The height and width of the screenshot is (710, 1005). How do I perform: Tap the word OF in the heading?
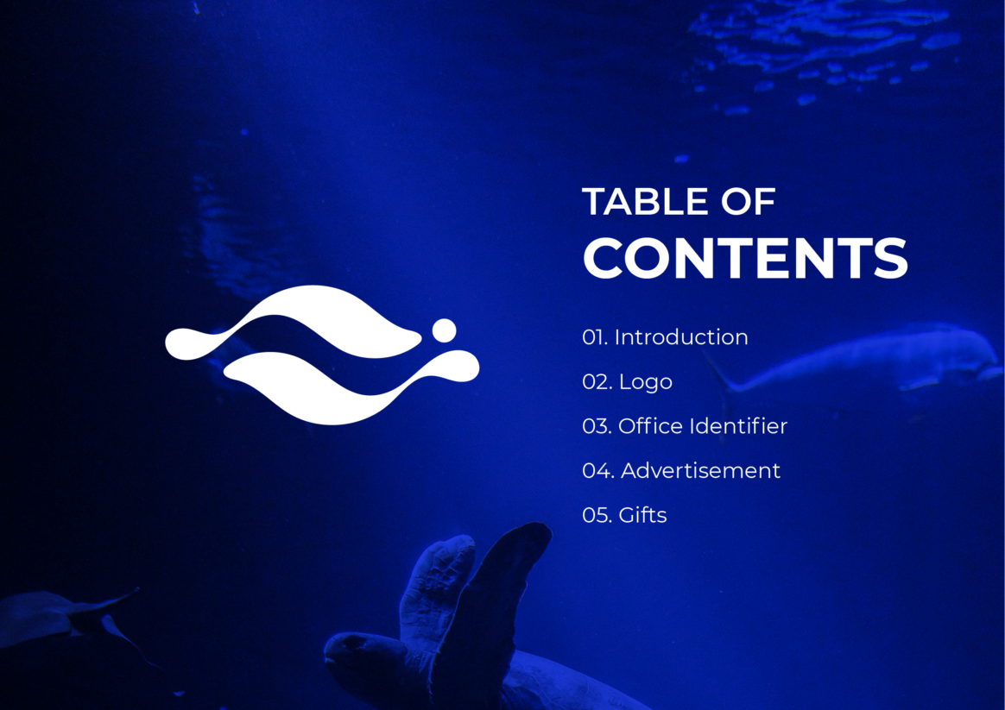(749, 202)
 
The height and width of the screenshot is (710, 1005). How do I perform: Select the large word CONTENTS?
(745, 257)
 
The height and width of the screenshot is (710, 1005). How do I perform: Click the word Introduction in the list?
(681, 336)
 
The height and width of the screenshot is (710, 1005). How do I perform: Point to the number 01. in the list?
(595, 337)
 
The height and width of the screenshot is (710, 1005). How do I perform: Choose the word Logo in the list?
(646, 382)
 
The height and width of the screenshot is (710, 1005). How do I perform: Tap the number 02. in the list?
(597, 382)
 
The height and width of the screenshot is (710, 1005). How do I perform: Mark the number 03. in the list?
(597, 426)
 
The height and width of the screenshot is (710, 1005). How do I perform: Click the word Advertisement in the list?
(700, 470)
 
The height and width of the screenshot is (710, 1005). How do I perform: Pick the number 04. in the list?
(598, 470)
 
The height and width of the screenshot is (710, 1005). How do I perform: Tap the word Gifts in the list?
(643, 515)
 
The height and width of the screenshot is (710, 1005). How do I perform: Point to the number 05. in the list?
(597, 515)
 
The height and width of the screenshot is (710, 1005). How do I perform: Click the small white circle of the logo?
(444, 330)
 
